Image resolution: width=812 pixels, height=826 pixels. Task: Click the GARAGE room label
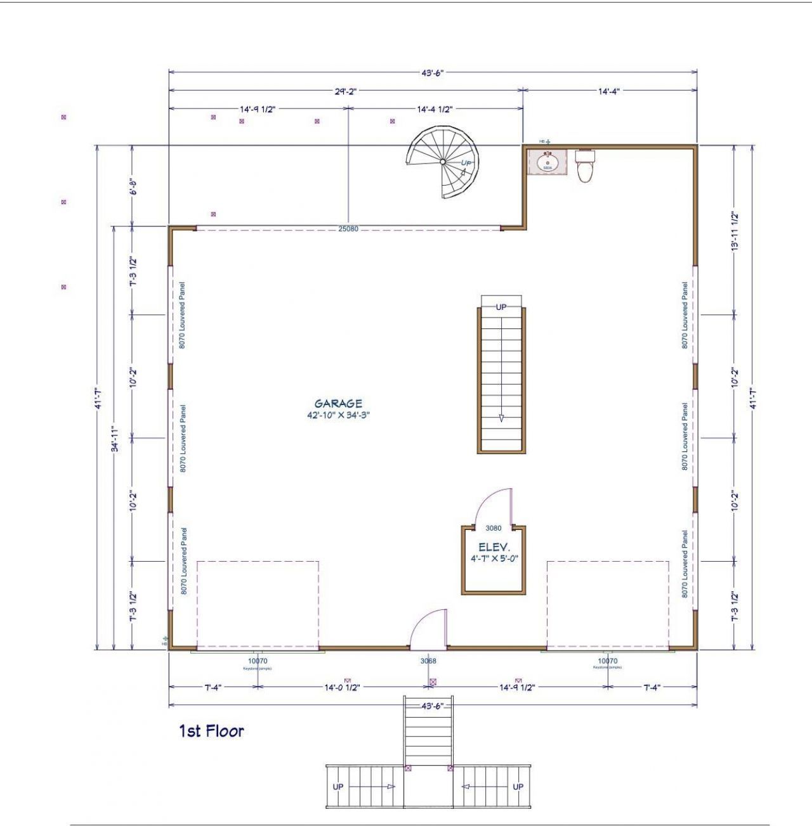(338, 403)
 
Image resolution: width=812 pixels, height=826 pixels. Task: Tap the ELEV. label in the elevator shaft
(494, 547)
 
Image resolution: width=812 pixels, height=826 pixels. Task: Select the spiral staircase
(444, 162)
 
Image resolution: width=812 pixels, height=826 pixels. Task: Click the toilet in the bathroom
(584, 166)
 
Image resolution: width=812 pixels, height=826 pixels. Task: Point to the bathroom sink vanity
(547, 162)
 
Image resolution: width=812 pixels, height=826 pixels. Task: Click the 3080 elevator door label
(493, 528)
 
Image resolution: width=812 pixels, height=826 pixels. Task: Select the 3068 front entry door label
(428, 661)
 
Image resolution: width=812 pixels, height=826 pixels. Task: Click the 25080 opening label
(348, 229)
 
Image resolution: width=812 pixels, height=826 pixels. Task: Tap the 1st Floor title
(211, 731)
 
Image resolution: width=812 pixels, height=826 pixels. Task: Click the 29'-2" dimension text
(346, 91)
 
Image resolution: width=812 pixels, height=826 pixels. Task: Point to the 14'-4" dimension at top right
(608, 91)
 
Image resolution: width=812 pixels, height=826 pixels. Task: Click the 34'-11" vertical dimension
(115, 438)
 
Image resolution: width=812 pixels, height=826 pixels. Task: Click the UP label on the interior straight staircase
(501, 307)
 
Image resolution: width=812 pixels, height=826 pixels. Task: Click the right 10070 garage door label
(607, 661)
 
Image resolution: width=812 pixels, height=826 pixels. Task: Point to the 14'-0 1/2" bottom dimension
(342, 687)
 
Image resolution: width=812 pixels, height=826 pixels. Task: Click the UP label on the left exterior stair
(338, 787)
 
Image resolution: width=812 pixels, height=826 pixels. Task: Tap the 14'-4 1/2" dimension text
(435, 109)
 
